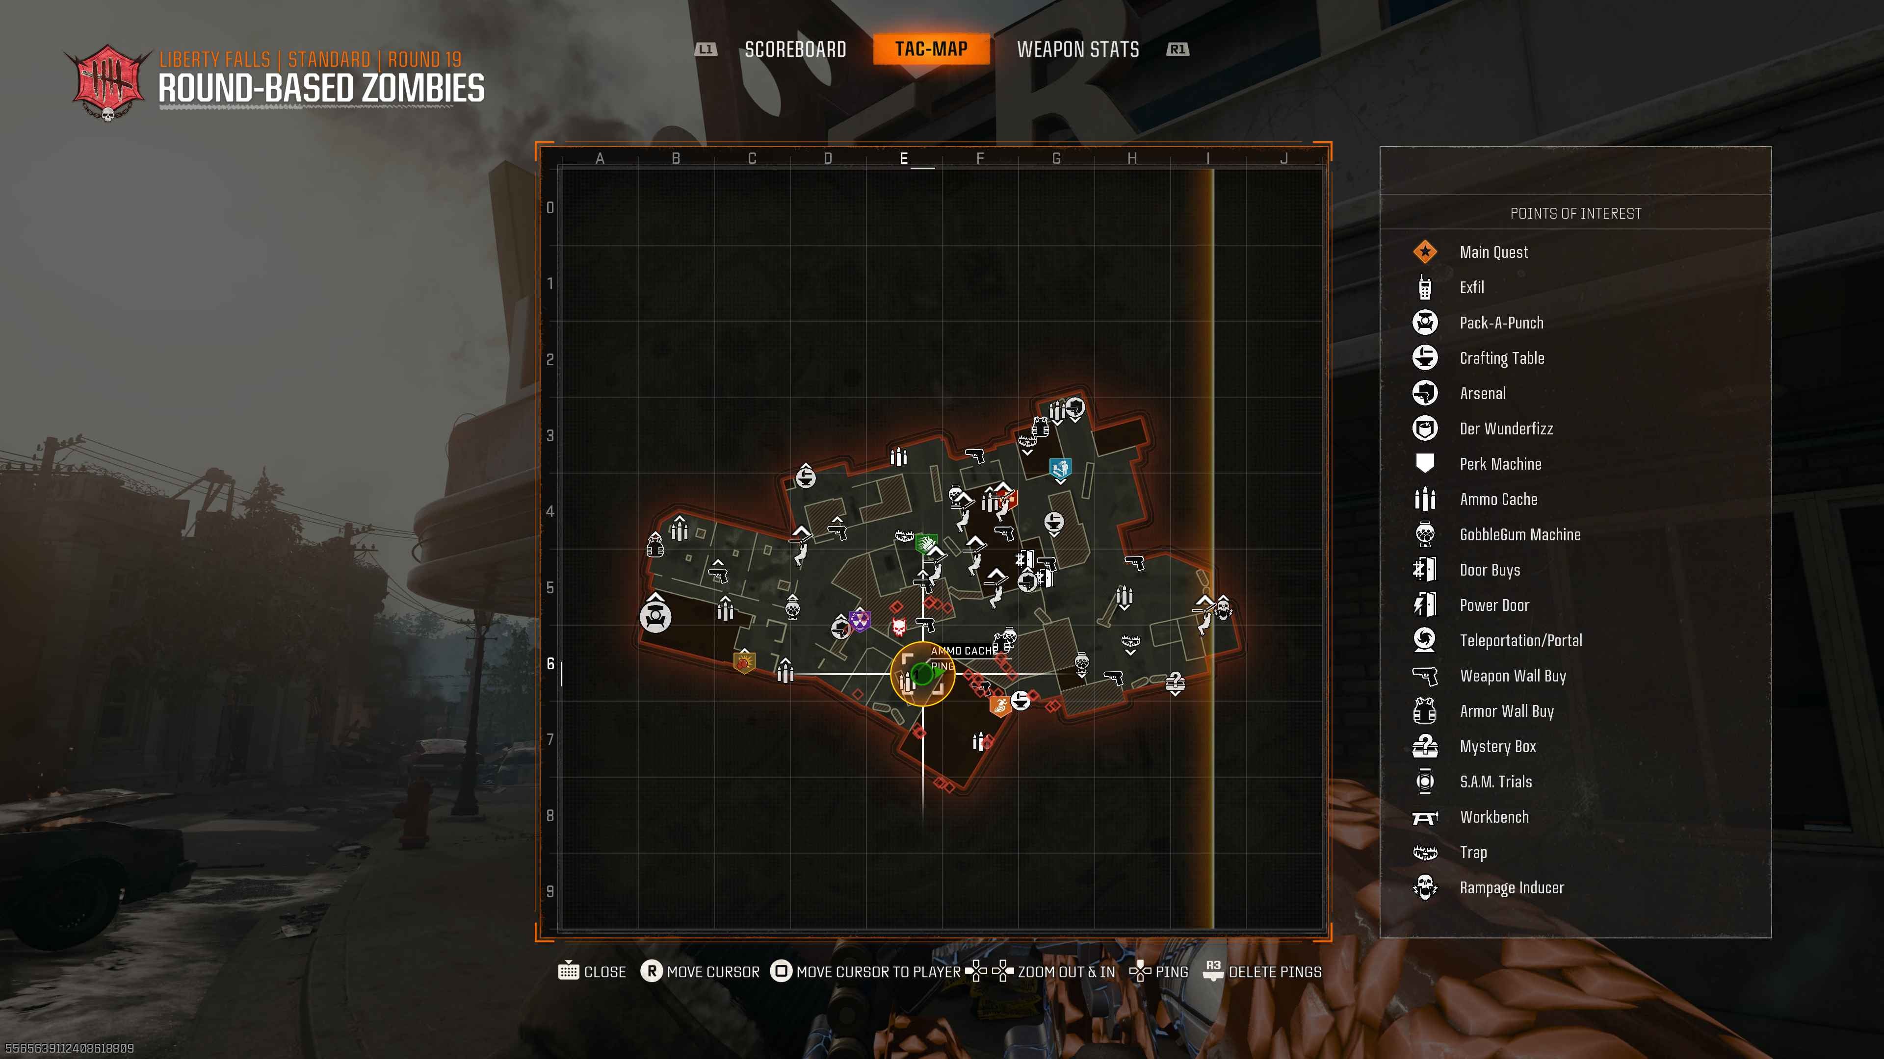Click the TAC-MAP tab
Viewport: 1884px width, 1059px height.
coord(931,49)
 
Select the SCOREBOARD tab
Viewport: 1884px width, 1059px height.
coord(795,50)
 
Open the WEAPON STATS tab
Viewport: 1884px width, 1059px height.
coord(1077,50)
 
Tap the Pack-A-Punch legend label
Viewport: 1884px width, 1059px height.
coord(1501,323)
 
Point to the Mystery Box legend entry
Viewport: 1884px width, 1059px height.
coord(1498,746)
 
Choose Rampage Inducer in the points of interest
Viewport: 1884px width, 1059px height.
coord(1512,887)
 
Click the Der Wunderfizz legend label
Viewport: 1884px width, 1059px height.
coord(1506,429)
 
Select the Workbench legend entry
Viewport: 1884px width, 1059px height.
coord(1494,817)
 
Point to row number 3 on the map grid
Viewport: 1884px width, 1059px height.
coord(550,435)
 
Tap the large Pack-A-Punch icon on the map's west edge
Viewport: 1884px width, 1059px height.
coord(655,617)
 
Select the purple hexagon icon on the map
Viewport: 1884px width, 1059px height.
coord(860,621)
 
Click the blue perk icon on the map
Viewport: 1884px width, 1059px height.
coord(1060,468)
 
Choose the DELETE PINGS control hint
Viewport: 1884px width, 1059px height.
coord(1275,972)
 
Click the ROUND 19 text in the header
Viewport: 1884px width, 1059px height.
coord(424,59)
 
